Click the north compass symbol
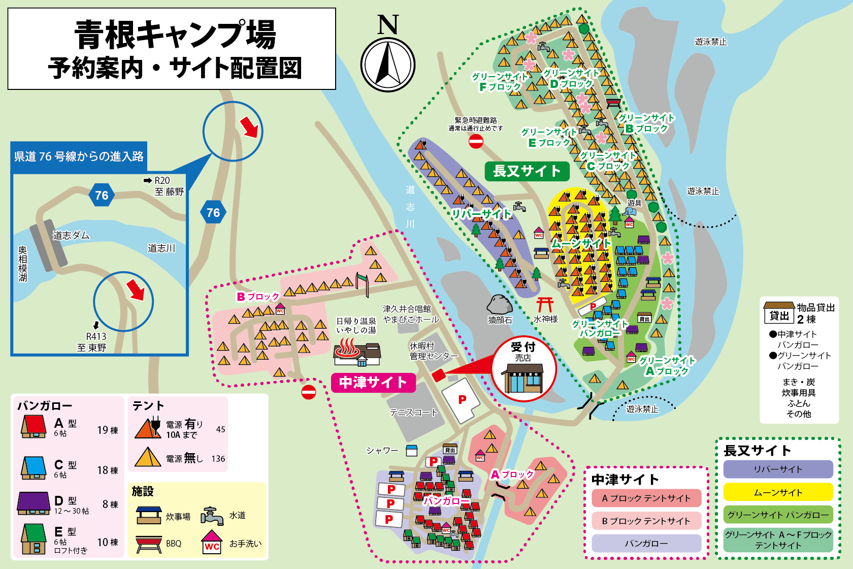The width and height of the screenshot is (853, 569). point(388,64)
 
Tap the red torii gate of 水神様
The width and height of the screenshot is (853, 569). point(545,304)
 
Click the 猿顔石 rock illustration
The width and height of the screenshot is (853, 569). point(500,304)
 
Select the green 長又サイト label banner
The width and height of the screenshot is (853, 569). point(527,171)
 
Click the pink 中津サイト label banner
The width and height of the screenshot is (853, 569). point(373,382)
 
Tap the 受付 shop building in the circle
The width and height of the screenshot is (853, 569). point(523,378)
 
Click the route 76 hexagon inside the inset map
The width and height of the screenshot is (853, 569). point(102,195)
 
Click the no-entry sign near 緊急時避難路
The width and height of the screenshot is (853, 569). point(476,141)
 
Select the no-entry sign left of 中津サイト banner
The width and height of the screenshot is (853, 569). point(308,392)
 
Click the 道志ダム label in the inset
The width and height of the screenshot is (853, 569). point(71,235)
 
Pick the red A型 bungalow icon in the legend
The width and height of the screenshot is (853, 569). point(34,426)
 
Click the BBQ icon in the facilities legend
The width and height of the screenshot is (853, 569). point(149,544)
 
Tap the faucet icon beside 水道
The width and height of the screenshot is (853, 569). point(212,516)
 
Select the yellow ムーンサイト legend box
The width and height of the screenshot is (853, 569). point(778,492)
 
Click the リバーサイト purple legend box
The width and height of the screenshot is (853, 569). point(778,469)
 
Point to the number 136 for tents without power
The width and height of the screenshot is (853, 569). point(218,459)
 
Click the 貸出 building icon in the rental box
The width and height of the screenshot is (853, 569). point(779,312)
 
